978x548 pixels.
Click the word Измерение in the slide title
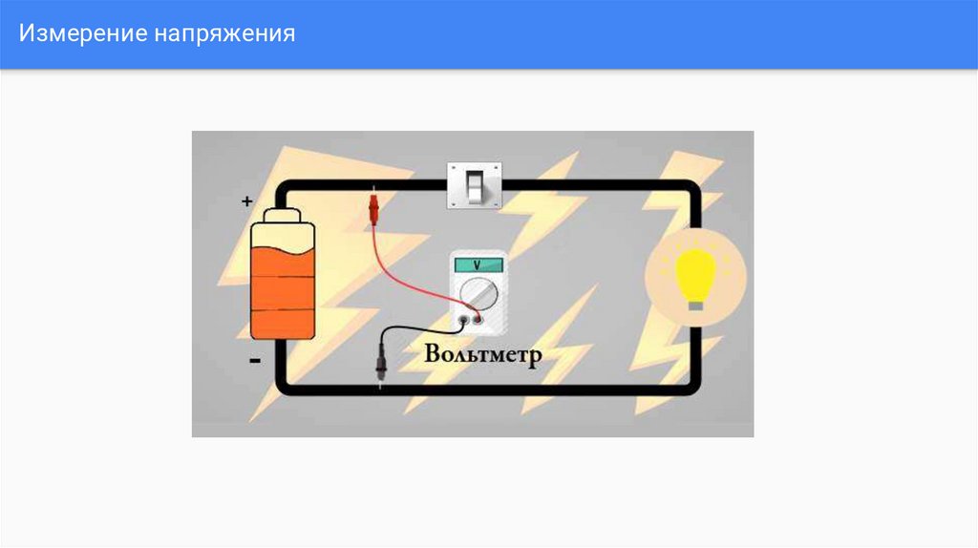81,34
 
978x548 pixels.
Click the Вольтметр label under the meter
483,355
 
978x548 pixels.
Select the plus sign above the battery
247,202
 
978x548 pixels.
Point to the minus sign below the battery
254,362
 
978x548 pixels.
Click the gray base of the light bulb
696,305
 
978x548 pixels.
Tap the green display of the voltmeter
478,264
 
